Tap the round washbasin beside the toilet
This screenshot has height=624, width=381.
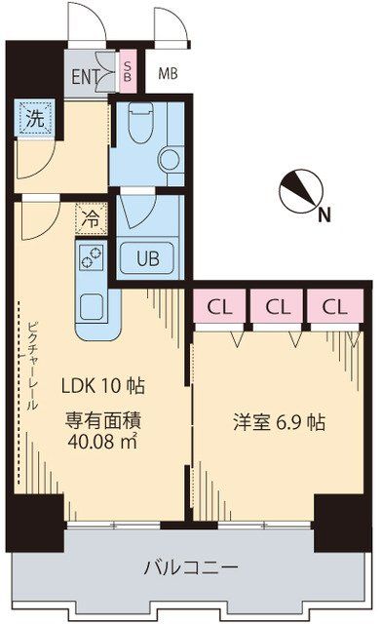click(x=170, y=157)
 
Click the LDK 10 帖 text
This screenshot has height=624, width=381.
click(x=104, y=386)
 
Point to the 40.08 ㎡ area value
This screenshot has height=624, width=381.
click(x=103, y=442)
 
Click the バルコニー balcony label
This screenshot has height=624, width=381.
click(x=191, y=567)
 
